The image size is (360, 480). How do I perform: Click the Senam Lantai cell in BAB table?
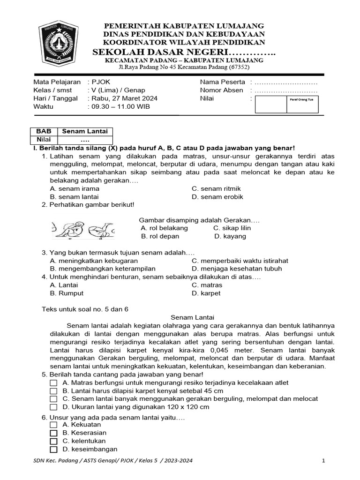85,132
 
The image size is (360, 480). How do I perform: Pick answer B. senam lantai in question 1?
74,197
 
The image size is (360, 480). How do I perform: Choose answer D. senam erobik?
217,197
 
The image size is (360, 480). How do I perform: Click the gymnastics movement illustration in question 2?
82,229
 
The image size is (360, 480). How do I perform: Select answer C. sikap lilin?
232,228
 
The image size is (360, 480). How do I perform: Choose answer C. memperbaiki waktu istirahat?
240,261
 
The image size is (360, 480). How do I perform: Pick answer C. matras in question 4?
207,285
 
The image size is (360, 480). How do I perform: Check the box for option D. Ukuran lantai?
53,407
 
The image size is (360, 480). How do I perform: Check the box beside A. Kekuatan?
53,425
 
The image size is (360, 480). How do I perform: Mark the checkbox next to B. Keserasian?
53,433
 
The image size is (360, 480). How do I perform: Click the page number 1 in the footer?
323,461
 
